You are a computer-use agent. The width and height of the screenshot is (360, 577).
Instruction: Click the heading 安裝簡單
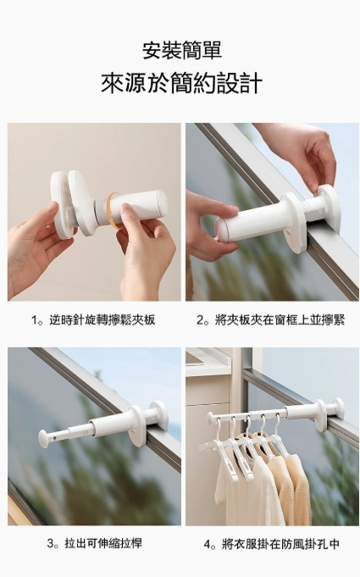182,51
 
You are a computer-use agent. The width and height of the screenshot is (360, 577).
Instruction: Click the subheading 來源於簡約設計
181,84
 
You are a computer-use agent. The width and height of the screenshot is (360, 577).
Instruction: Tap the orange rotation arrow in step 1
114,210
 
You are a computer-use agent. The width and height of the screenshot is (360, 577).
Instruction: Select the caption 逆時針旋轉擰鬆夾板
102,320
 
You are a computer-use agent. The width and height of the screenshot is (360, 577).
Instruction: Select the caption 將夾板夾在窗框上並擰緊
280,320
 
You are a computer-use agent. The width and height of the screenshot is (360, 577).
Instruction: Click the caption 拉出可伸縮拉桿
103,543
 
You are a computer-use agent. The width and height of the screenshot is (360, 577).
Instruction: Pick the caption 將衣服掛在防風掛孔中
280,544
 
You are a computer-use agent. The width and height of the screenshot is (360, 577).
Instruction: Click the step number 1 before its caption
35,320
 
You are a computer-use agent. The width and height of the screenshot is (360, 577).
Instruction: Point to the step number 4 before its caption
207,544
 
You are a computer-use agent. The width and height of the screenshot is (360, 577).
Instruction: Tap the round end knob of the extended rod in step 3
45,437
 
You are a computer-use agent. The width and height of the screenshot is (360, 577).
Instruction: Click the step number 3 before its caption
50,543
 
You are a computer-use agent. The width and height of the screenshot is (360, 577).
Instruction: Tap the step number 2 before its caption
200,320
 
